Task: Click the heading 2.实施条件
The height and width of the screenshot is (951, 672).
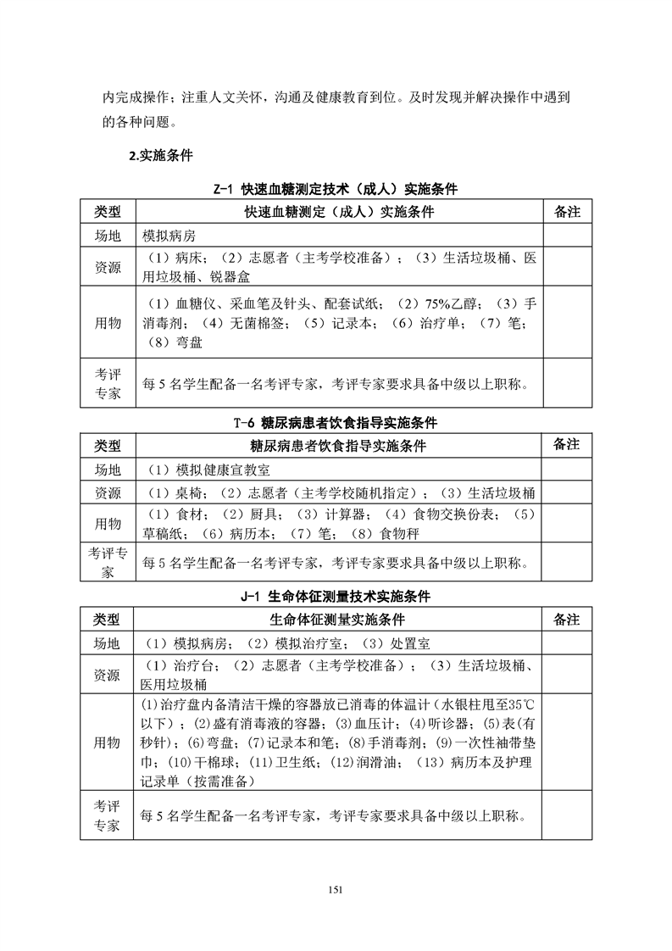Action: (x=160, y=156)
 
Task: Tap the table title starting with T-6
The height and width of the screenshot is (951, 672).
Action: (x=336, y=422)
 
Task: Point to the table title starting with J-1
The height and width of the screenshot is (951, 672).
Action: (x=336, y=598)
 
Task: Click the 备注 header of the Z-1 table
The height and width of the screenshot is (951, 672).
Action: (x=566, y=211)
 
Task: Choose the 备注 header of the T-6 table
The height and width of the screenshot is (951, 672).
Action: (x=566, y=445)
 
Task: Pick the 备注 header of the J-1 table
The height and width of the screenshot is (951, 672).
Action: (x=566, y=620)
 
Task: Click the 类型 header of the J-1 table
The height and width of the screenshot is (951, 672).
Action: (x=108, y=620)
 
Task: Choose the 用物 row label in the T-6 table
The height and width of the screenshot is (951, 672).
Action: (x=108, y=524)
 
